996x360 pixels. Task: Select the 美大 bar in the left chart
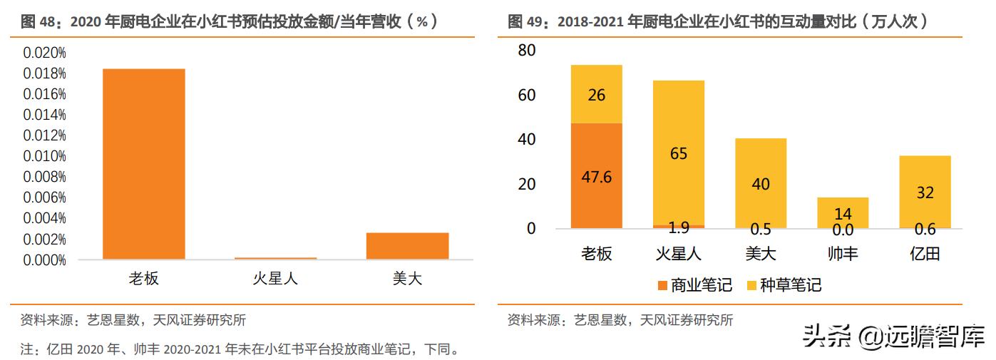(407, 245)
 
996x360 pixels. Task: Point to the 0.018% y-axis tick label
(44, 73)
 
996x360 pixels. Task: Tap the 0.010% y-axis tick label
(44, 155)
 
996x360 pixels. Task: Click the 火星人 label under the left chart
(275, 278)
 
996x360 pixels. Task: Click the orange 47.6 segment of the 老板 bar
(596, 175)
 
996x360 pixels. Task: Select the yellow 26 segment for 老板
(596, 94)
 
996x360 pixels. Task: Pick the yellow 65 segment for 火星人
(679, 153)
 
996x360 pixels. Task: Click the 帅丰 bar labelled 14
(843, 212)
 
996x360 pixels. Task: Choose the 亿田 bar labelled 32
(925, 192)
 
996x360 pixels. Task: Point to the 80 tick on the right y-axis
(527, 51)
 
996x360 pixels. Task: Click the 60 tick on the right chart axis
(527, 96)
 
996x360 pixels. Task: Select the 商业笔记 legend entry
(695, 285)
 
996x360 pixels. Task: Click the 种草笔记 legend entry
(784, 285)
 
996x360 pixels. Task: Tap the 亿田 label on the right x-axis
(925, 253)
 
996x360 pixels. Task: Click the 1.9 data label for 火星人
(678, 229)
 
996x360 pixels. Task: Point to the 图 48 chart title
(228, 22)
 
